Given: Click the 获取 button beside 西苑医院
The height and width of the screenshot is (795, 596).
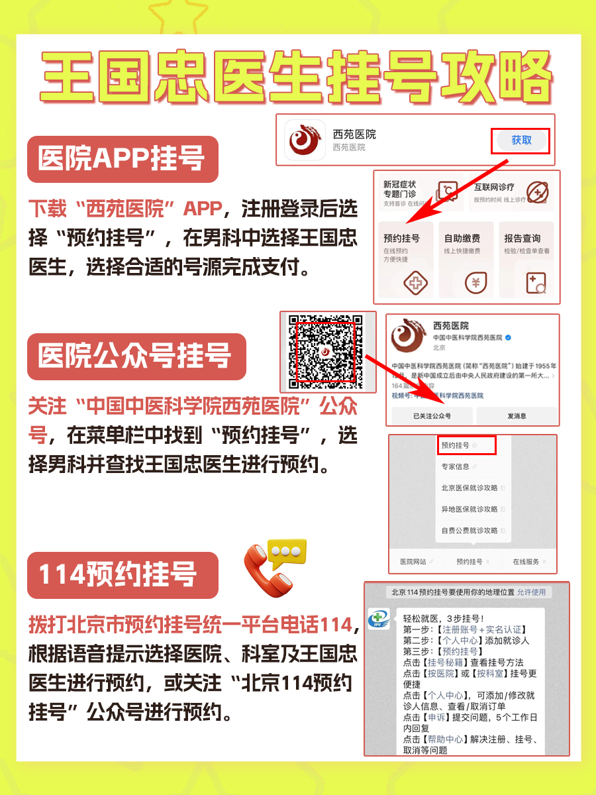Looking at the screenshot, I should click(x=521, y=140).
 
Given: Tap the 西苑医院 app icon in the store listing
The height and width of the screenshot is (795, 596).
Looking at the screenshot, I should click(x=305, y=140).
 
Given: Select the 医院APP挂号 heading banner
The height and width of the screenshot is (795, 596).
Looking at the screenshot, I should click(x=123, y=160).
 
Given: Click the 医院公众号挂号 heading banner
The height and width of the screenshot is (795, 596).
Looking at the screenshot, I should click(x=136, y=356).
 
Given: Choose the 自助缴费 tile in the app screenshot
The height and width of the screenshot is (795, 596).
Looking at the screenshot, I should click(x=466, y=259).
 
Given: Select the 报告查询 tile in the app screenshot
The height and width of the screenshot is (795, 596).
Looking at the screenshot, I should click(x=526, y=259).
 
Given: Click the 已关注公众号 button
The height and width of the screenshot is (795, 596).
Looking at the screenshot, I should click(x=432, y=416).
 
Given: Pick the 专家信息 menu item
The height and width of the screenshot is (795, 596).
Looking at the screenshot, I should click(x=457, y=466).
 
